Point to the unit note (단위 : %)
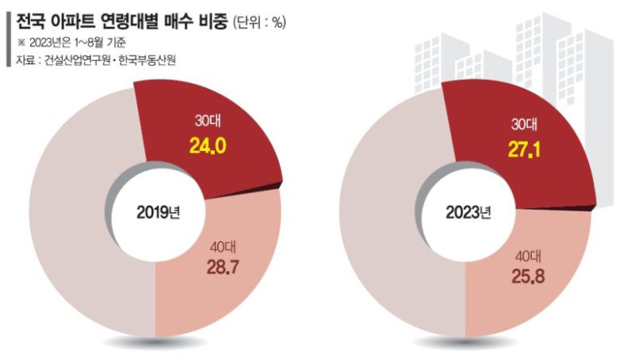tap(259, 23)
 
